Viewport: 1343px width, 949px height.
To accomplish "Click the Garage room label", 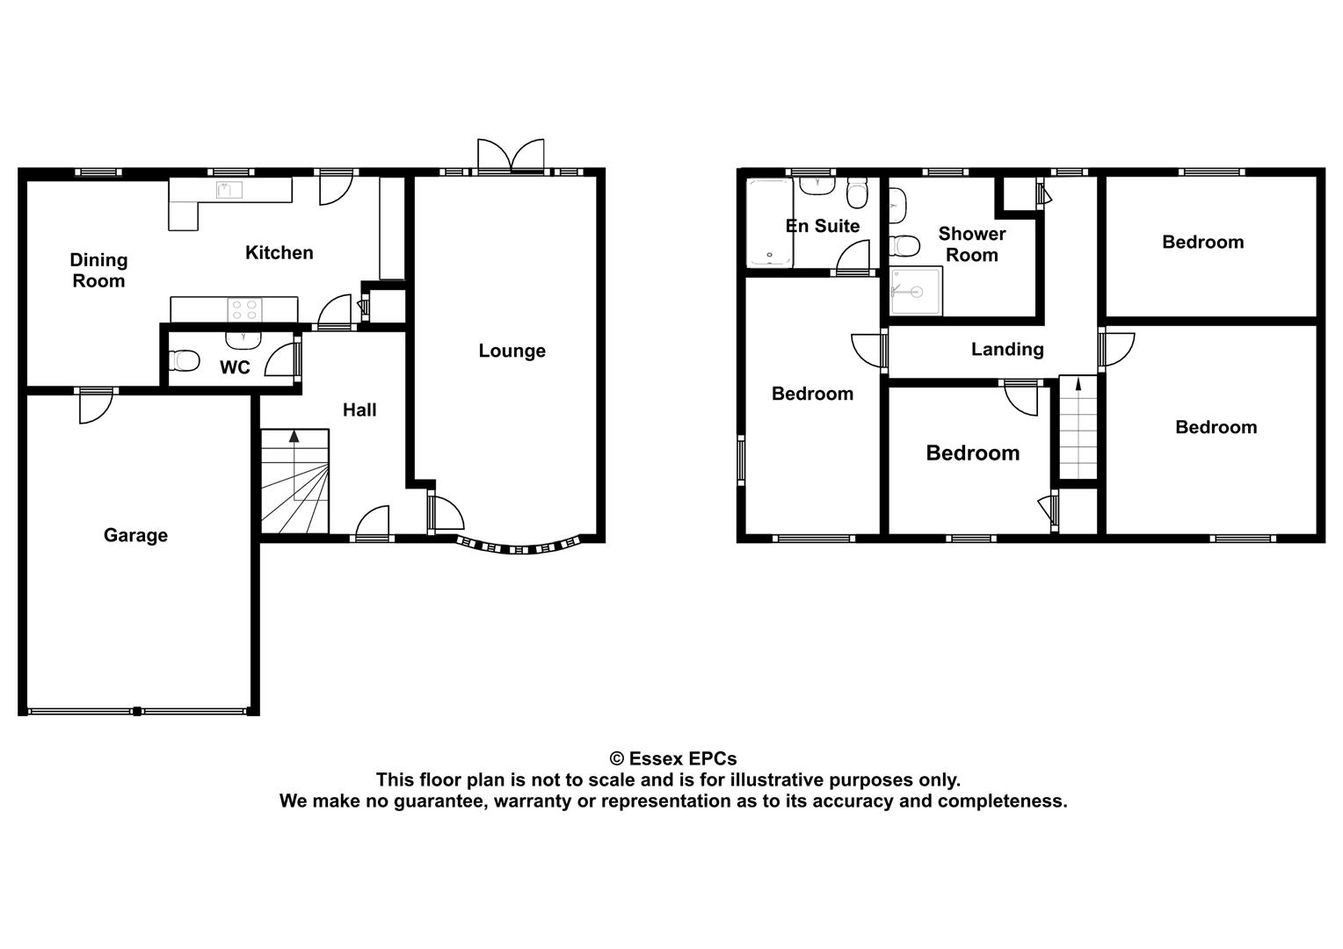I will [x=135, y=535].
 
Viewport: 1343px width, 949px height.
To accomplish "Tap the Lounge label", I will [x=512, y=351].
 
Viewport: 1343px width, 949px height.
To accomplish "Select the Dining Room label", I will [x=98, y=271].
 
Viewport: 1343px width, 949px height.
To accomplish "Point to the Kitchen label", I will [x=279, y=253].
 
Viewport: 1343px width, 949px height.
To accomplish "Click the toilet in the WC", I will [x=185, y=360].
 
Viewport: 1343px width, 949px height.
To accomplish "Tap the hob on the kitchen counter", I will [x=245, y=310].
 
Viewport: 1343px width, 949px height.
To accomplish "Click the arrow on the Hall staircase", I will [x=294, y=436].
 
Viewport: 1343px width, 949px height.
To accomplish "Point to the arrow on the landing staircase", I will [x=1078, y=384].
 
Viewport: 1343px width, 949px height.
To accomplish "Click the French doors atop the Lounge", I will [x=511, y=156].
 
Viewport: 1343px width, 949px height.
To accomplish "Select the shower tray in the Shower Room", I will [x=916, y=292].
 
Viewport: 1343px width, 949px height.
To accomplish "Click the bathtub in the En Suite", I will [x=767, y=221].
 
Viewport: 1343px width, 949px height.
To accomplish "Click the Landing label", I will [x=1007, y=350].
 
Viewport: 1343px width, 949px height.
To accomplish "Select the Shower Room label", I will [x=971, y=244].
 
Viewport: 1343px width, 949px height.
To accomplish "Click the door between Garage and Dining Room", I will [x=96, y=405].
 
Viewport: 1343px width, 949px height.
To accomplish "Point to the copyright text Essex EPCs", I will [x=673, y=758].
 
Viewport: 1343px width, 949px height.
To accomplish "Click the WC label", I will [x=235, y=367].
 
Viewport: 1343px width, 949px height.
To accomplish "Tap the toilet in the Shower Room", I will [x=904, y=243].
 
